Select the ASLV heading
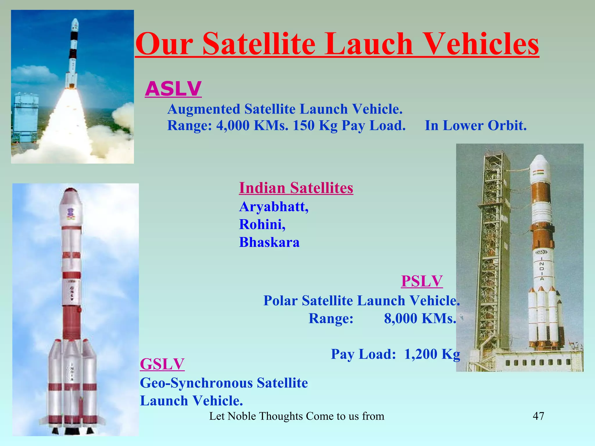click(173, 89)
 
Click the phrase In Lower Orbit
click(476, 125)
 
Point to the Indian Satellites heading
click(296, 188)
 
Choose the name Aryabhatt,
click(274, 207)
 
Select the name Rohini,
click(262, 224)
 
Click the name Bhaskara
click(269, 242)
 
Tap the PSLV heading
click(422, 281)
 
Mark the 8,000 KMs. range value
click(420, 318)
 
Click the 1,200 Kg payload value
click(432, 354)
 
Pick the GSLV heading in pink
click(162, 364)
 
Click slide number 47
click(538, 416)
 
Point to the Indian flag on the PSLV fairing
click(538, 173)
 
